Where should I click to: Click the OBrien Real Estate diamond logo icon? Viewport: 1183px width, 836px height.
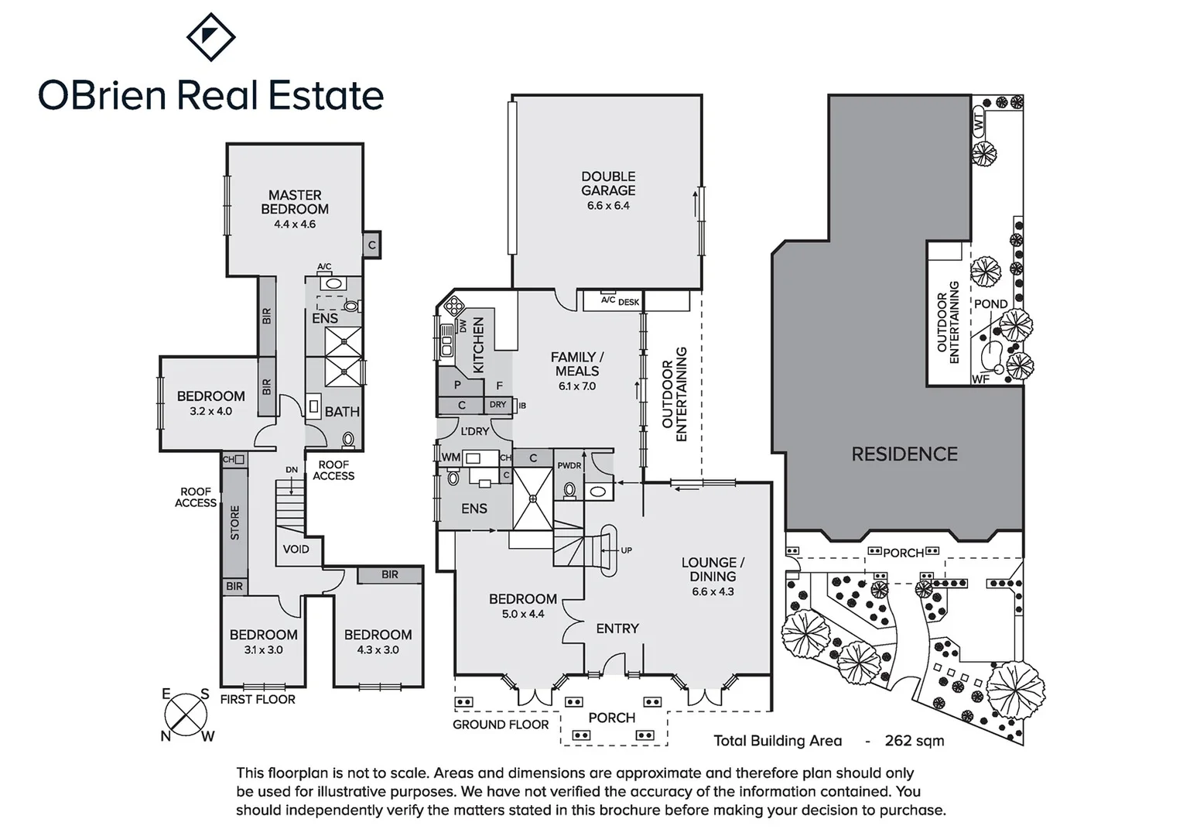[x=211, y=36]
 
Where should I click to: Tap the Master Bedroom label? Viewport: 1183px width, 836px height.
[x=295, y=202]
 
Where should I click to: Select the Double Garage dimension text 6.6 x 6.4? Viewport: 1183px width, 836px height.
[x=608, y=206]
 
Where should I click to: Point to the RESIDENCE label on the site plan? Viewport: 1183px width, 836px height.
[x=904, y=454]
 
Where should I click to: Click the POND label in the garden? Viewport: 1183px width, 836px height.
[x=990, y=304]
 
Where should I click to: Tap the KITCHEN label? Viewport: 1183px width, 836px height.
[x=478, y=345]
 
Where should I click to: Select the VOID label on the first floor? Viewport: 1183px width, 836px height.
[x=296, y=549]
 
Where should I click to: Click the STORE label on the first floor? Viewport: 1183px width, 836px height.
[x=235, y=522]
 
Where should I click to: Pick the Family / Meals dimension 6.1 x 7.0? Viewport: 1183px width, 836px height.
[x=577, y=386]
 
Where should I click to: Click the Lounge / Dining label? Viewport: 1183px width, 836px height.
[x=713, y=569]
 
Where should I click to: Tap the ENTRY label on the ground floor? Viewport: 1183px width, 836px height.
[x=617, y=629]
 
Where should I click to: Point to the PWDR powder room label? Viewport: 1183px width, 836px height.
[x=569, y=466]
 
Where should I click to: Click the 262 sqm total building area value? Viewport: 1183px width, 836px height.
[x=915, y=741]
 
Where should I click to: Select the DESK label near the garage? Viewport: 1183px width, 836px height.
[x=628, y=302]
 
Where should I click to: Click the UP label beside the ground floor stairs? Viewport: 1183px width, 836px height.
[x=626, y=550]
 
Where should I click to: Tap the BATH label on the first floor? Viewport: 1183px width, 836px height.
[x=342, y=412]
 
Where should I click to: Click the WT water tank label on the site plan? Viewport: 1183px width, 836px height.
[x=979, y=122]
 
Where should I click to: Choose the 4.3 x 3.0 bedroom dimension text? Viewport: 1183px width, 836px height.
[x=378, y=650]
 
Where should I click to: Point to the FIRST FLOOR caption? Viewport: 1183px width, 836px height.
[x=258, y=699]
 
